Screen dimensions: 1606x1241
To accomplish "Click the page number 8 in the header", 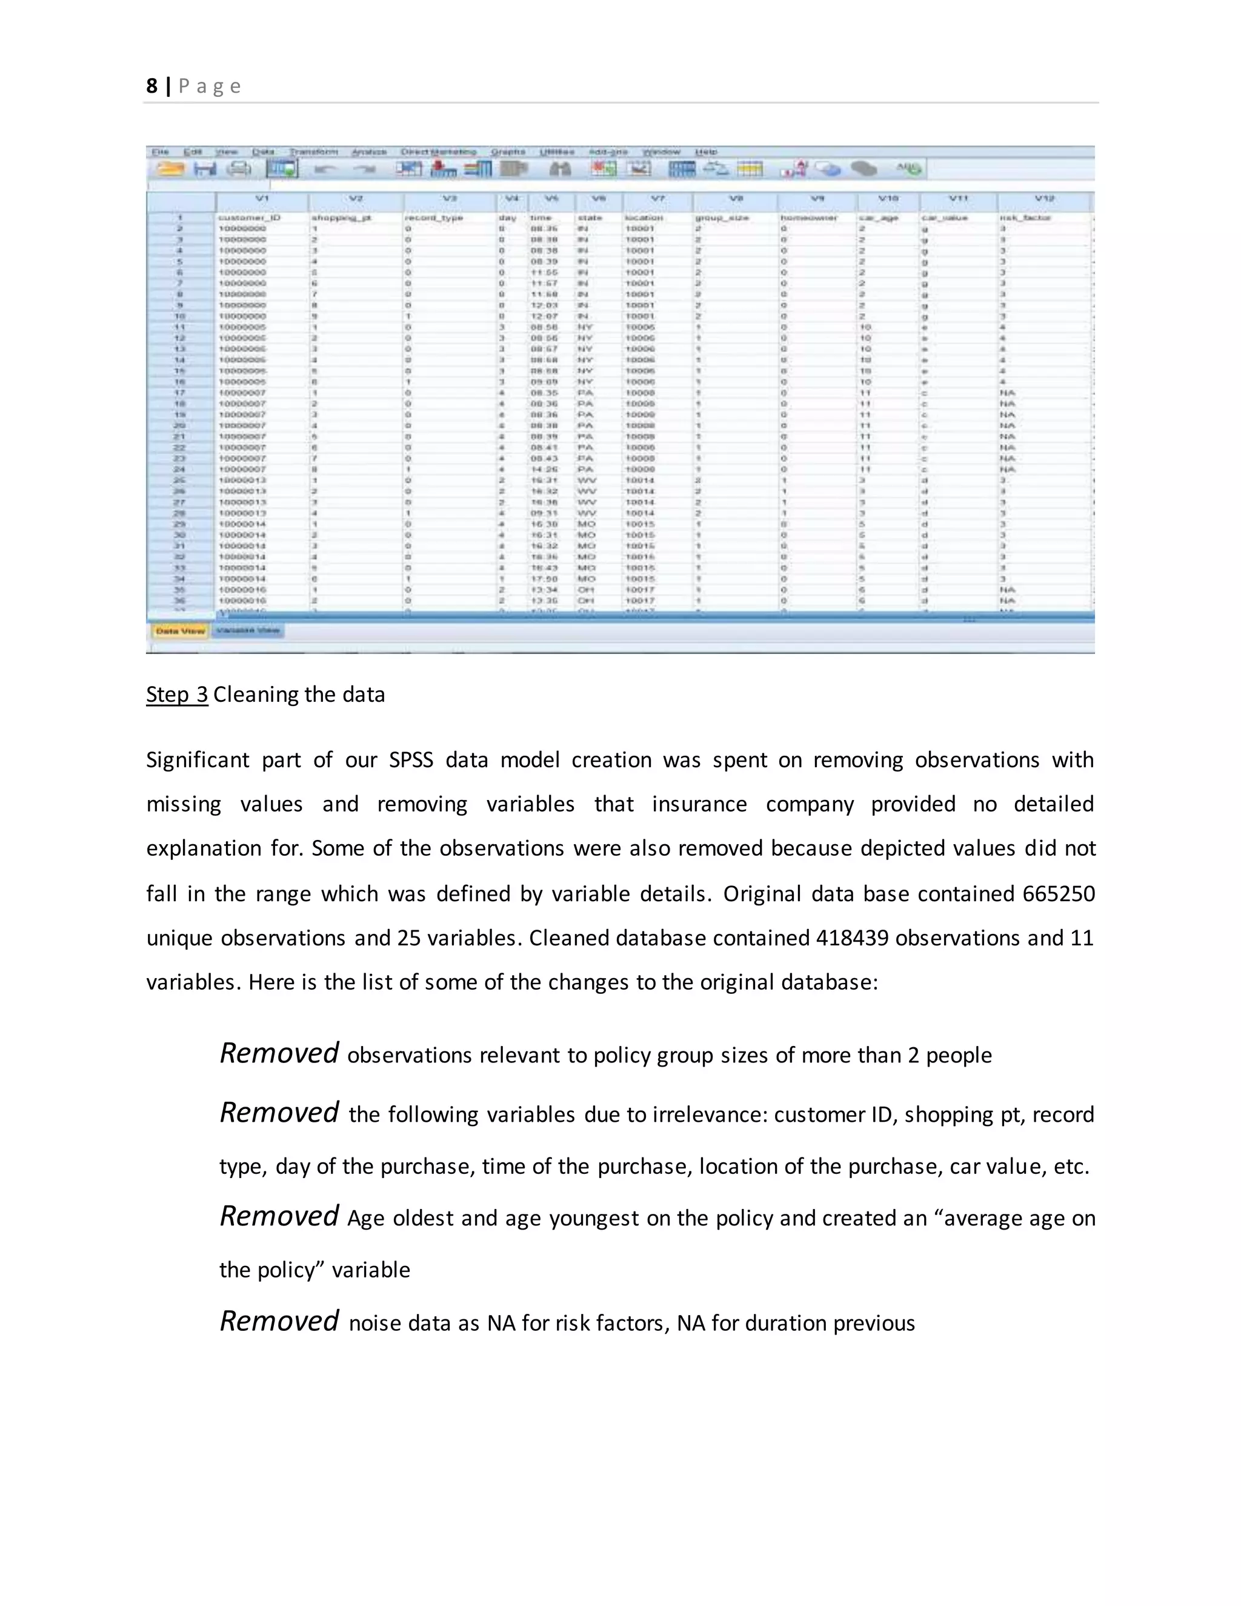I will (151, 87).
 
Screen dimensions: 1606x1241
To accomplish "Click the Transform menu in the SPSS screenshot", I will (313, 152).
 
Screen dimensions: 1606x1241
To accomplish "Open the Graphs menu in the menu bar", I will (508, 152).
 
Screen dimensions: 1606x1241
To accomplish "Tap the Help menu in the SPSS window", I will (706, 152).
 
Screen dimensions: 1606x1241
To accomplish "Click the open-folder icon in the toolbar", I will (170, 169).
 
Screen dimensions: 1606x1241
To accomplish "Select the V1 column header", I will (262, 199).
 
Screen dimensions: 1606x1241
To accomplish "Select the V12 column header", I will (1044, 199).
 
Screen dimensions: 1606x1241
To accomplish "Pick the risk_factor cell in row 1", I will (1025, 218).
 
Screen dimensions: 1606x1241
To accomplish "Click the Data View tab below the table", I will (180, 631).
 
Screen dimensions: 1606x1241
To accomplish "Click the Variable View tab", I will (248, 631).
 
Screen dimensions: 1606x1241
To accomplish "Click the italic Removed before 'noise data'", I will (279, 1321).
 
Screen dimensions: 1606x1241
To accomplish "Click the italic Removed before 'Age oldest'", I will (279, 1216).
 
